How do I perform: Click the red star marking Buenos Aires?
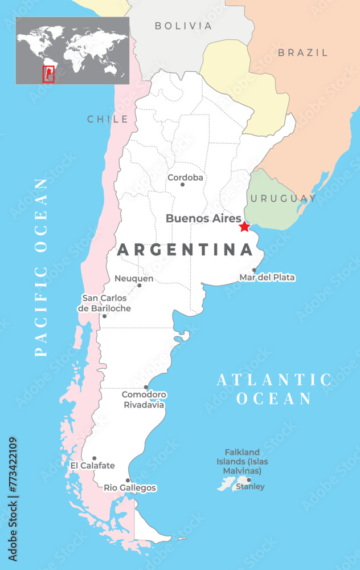pos(244,227)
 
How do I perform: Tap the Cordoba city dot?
pos(182,184)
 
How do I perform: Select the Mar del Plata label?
pos(267,278)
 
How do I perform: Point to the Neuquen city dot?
pos(139,285)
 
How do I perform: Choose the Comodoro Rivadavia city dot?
pos(146,387)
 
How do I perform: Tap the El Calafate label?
pos(92,466)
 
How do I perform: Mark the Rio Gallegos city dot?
pos(128,480)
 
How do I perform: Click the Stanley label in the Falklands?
pos(250,487)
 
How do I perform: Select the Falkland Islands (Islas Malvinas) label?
pos(243,462)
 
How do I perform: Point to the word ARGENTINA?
pos(185,250)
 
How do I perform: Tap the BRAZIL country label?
pos(303,52)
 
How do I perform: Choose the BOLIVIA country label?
pos(183,26)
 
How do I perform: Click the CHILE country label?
pos(108,119)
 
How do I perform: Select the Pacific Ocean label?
pos(41,267)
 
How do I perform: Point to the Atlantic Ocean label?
pos(274,389)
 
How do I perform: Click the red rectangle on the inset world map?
pos(48,74)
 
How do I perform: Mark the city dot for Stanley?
pos(249,479)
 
